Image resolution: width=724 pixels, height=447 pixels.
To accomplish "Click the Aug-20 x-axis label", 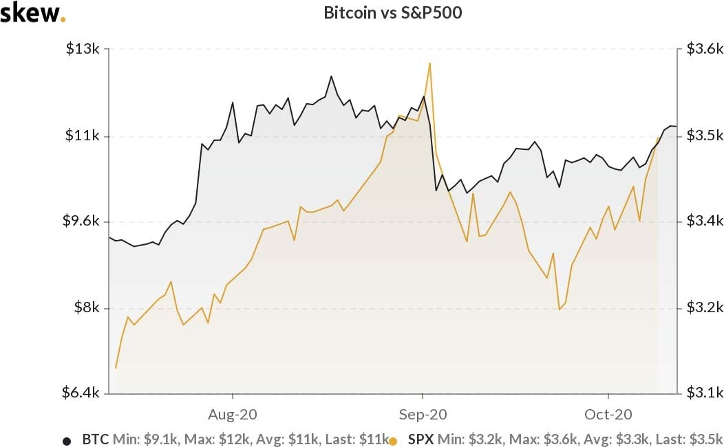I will [233, 414].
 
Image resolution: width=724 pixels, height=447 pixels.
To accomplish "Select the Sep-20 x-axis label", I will [422, 414].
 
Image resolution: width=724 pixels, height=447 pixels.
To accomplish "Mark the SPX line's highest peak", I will [429, 63].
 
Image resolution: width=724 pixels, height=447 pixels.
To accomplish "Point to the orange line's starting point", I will [116, 368].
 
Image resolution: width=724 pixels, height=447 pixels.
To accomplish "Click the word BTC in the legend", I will [95, 438].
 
